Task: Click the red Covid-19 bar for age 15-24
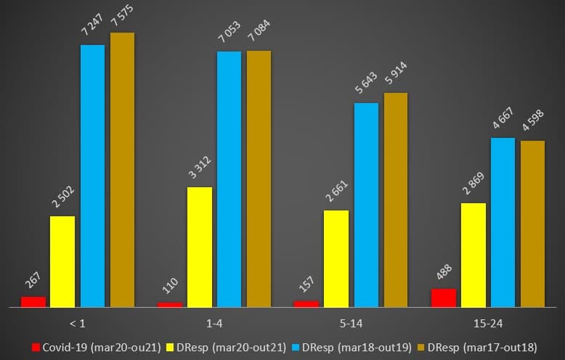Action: point(444,298)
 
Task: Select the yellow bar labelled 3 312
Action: point(200,247)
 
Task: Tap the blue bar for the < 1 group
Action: point(92,176)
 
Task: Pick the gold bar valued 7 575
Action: point(122,170)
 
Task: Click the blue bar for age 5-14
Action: point(366,205)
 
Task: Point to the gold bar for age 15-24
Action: point(532,224)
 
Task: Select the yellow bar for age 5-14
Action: point(336,258)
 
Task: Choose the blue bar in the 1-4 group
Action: point(229,179)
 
